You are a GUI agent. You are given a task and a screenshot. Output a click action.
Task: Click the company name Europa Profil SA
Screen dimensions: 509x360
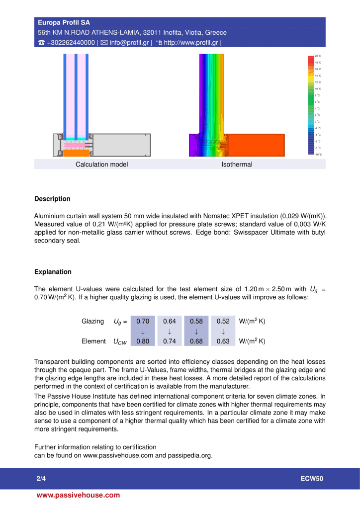pos(64,23)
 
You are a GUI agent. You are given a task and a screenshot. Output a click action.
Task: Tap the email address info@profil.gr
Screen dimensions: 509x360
pos(130,42)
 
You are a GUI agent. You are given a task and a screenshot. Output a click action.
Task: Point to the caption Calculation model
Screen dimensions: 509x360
pos(101,165)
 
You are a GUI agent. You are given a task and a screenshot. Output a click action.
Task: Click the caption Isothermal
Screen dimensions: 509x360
pos(237,165)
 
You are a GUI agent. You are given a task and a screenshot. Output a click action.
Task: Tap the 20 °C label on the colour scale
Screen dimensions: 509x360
pos(318,56)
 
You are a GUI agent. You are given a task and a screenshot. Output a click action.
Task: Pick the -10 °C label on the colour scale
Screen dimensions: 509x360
pos(318,155)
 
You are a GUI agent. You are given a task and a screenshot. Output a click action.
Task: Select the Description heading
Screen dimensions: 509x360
pos(52,199)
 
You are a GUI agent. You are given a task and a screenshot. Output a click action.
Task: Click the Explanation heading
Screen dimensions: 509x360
pos(53,272)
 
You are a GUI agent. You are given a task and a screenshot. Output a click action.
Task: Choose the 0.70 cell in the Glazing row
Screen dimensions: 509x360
pos(143,321)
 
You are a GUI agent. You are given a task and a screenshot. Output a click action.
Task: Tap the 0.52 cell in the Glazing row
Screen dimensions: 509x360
pos(223,321)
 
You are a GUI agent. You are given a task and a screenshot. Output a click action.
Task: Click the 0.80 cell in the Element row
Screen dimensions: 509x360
pos(143,341)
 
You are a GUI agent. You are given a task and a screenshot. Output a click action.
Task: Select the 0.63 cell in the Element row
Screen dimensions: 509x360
pos(223,341)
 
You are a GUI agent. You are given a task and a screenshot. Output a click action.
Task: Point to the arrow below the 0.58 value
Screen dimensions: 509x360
pos(196,332)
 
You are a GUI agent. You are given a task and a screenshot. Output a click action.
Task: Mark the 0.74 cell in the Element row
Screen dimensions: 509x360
pos(170,341)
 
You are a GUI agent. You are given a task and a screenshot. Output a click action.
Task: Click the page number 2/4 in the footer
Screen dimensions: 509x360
pos(41,479)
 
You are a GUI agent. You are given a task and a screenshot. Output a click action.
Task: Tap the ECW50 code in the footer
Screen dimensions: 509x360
pos(312,479)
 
